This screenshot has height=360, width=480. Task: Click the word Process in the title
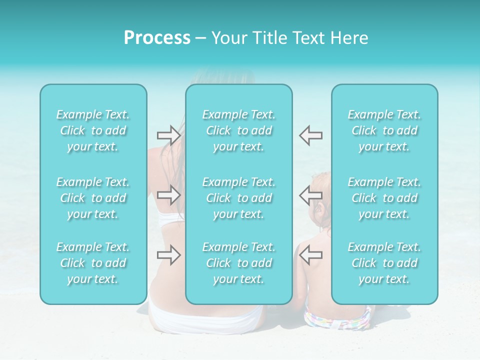157,38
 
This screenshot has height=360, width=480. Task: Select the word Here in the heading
349,38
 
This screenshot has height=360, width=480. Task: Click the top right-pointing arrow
168,135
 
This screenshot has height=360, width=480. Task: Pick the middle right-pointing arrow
168,195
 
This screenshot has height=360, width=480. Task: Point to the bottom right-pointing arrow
168,255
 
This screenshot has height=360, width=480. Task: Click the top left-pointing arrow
310,135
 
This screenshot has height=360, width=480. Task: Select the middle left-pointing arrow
310,195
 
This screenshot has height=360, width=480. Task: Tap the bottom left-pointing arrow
310,255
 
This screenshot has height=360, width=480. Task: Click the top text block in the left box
93,130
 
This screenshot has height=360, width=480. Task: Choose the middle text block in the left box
93,198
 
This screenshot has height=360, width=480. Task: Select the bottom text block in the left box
93,263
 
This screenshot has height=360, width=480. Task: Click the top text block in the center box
239,130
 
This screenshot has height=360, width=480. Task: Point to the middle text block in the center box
239,198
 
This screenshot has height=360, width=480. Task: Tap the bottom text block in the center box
239,263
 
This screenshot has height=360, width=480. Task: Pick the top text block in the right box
384,130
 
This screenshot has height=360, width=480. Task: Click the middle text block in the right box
384,198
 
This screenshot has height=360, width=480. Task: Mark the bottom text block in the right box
384,263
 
